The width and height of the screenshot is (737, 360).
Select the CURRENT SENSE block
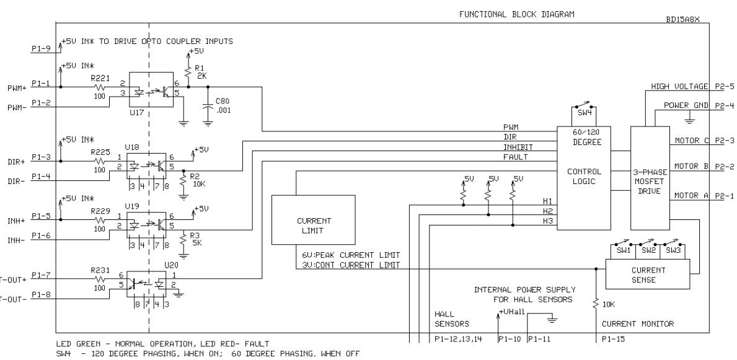pos(648,274)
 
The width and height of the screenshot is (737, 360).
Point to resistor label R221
pos(99,77)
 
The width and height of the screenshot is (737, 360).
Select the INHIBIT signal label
pos(518,147)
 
